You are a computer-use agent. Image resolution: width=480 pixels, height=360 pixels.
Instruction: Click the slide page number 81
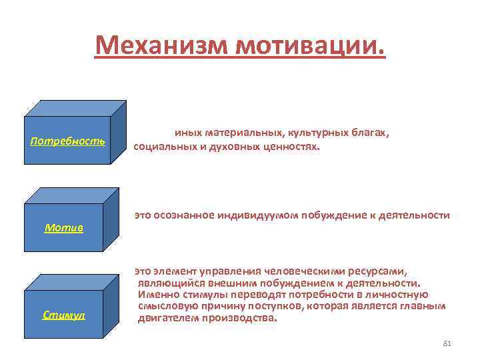pyautogui.click(x=447, y=343)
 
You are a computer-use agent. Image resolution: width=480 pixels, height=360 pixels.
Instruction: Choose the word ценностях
pyautogui.click(x=289, y=146)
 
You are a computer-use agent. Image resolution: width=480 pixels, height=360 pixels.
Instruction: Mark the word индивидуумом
pyautogui.click(x=261, y=215)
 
